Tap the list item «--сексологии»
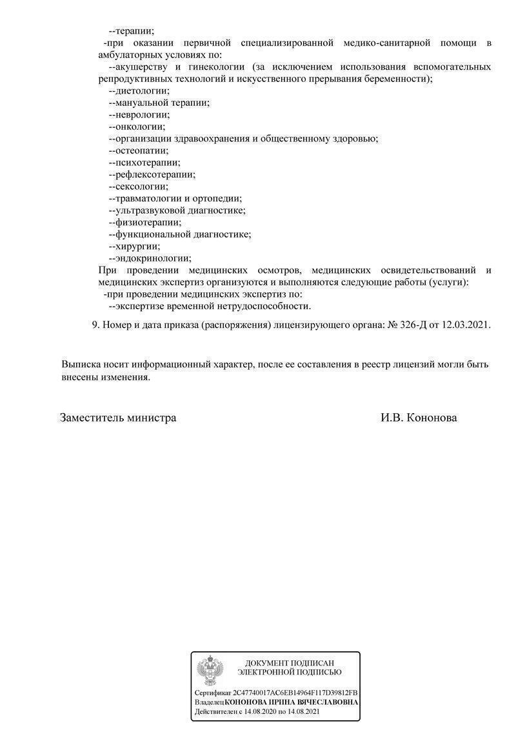139,187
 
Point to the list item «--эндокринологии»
150,258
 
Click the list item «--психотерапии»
144,163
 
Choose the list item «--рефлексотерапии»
152,174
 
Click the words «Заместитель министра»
118,418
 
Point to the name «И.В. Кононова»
419,418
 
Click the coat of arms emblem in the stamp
210,671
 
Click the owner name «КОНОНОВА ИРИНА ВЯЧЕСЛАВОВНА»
292,702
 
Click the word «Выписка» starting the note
82,365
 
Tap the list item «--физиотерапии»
145,222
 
